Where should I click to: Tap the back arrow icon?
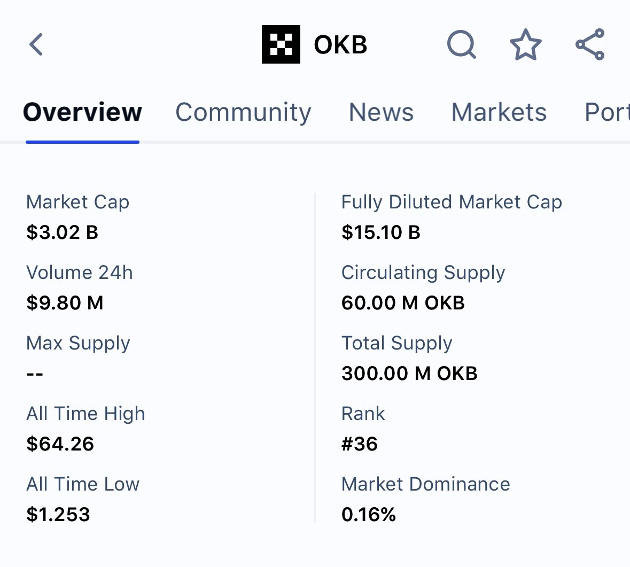coord(36,44)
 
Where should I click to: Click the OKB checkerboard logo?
coord(281,44)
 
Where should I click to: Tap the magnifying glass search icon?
coord(461,44)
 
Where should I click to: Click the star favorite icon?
coord(525,44)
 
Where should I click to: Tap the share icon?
coord(590,44)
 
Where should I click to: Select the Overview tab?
coord(82,112)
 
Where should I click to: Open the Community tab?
coord(243,112)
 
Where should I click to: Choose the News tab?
coord(381,112)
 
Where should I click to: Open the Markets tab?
coord(499,112)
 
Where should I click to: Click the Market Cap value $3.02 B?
coord(63,232)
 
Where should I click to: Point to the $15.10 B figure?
coord(381,232)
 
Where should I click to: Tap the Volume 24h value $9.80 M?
coord(65,303)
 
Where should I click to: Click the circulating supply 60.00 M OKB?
coord(403,303)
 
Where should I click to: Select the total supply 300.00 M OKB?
coord(409,374)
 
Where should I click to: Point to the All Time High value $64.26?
coord(60,444)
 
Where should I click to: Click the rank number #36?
coord(360,444)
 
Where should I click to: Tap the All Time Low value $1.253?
coord(58,515)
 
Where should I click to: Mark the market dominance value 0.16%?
coord(369,515)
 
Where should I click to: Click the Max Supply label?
coord(78,343)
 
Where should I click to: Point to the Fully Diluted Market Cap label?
coord(452,202)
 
